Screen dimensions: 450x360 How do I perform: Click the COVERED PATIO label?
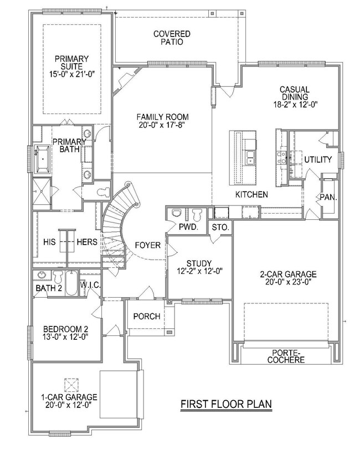point(172,38)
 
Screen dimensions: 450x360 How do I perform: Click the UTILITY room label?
point(317,160)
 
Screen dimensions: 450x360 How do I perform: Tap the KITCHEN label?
point(251,195)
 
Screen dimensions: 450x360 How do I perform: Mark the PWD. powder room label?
point(184,227)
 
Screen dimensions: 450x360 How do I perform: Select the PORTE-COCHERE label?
point(286,356)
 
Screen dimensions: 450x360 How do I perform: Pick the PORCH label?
point(147,317)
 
